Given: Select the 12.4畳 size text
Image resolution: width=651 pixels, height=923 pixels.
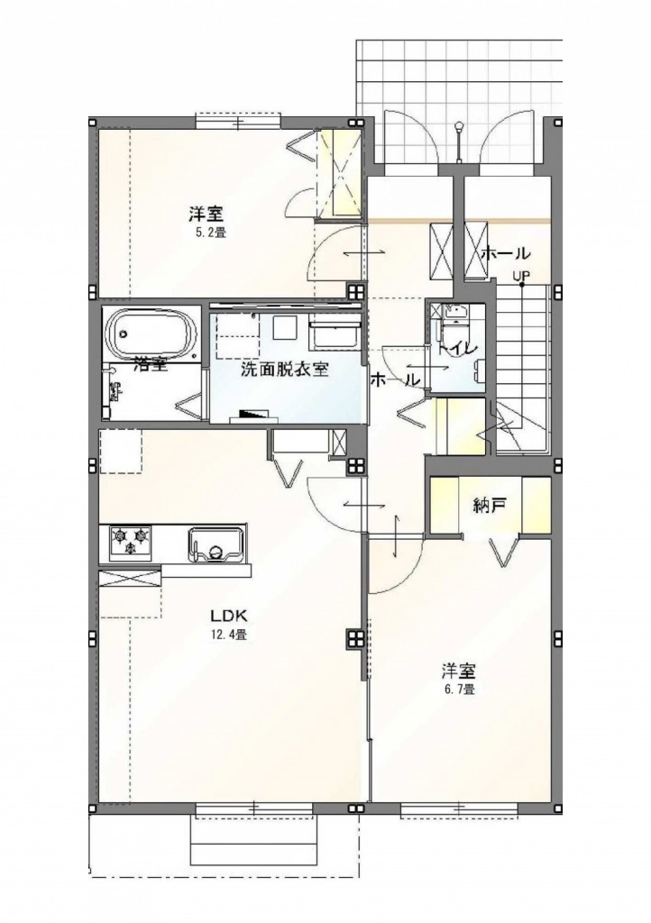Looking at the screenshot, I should (230, 635).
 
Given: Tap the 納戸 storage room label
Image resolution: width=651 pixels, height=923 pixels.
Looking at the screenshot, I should (489, 506).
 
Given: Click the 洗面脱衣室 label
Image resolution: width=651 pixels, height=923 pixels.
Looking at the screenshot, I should (283, 369).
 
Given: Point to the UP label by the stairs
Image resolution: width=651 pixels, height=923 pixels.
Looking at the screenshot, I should (521, 277).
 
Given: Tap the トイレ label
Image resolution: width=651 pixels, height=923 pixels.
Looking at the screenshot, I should (457, 346).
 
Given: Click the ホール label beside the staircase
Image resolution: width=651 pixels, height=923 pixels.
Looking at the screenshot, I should (505, 253).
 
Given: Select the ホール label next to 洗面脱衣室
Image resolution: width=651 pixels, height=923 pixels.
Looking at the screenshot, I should (394, 379).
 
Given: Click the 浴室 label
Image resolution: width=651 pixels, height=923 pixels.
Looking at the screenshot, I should (150, 365).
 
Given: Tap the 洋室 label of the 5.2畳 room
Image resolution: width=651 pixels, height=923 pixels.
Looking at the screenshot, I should (206, 215).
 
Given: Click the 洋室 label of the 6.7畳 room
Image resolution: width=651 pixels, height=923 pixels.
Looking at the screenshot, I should (458, 672).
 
